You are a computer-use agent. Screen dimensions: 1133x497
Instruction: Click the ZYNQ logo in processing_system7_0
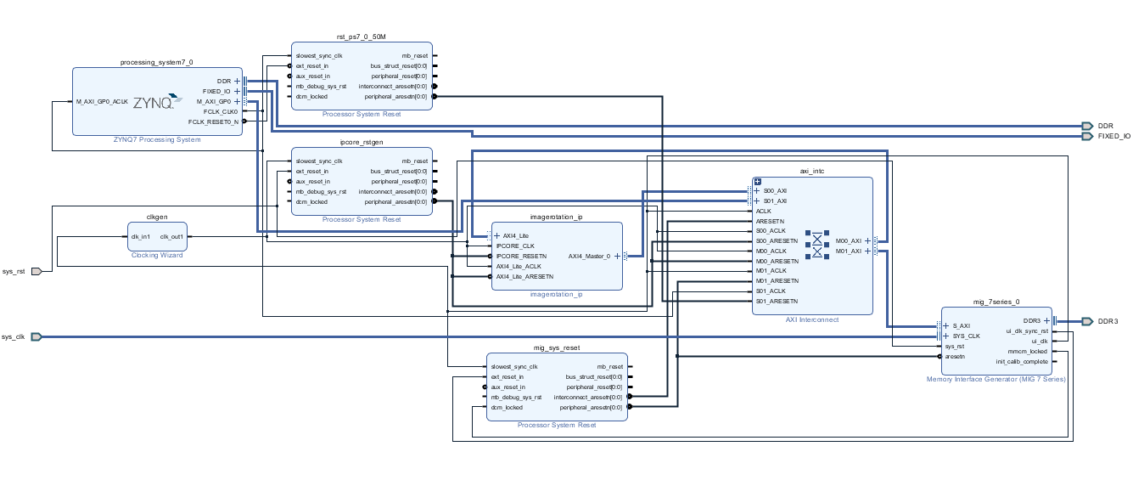(157, 102)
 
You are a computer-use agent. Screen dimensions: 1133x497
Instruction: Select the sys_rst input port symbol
(36, 272)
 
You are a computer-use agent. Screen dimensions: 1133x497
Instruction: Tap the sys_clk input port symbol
(36, 337)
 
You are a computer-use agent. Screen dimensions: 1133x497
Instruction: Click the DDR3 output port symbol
(1087, 321)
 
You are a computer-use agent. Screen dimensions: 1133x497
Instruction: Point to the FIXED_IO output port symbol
(1087, 137)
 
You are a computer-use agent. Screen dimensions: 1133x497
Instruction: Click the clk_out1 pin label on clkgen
(171, 237)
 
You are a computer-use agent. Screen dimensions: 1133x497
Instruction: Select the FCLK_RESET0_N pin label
(213, 122)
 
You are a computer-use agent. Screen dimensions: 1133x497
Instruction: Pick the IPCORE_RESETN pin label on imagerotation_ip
(521, 257)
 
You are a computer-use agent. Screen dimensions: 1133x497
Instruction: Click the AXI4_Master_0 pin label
(589, 257)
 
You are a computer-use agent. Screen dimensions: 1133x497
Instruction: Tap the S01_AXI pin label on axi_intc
(775, 201)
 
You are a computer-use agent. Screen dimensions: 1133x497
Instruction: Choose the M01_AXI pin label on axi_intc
(848, 251)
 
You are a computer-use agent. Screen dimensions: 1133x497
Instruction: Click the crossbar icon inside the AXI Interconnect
(817, 245)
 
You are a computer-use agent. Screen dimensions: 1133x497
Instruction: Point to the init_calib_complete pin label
(1022, 362)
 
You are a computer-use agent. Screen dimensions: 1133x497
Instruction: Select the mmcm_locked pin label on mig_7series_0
(1027, 352)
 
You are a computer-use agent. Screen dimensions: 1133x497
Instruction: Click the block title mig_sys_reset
(557, 348)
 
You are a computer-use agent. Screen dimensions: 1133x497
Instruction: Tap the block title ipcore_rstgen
(362, 142)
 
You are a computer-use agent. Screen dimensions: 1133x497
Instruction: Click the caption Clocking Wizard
(157, 256)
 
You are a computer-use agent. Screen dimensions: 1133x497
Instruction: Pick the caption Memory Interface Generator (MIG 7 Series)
(996, 380)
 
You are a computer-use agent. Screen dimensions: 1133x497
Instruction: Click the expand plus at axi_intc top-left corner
(758, 182)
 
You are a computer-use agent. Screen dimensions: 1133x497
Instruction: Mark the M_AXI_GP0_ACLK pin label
(102, 102)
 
